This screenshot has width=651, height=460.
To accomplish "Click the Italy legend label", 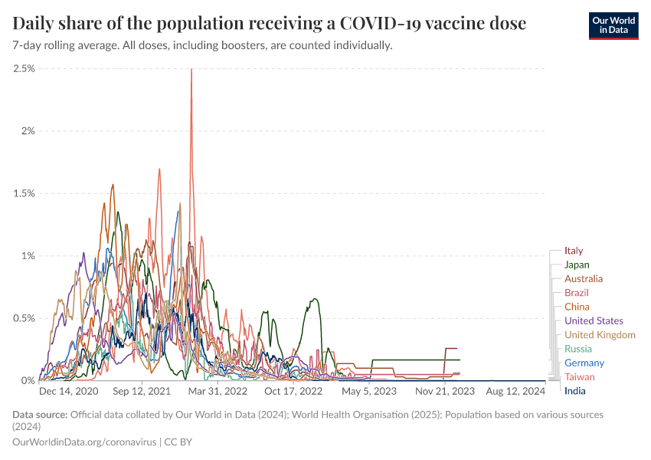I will click(574, 251).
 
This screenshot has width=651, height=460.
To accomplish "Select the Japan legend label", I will click(577, 264).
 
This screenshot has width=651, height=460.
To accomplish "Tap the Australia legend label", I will click(583, 279).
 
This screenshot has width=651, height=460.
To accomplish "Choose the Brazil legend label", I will click(576, 293).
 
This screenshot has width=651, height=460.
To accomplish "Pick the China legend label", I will click(577, 307).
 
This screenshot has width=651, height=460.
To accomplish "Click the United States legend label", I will click(594, 320).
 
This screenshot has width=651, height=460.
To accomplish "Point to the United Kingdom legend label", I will click(600, 335).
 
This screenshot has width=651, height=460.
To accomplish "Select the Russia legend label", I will click(577, 349).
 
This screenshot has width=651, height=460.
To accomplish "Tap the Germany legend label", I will click(584, 363).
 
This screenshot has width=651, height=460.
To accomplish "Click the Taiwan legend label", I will click(579, 377).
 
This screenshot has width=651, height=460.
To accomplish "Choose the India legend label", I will click(574, 391).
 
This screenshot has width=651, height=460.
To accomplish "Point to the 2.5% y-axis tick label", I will click(24, 68).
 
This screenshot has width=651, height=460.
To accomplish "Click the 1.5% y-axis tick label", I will click(24, 193).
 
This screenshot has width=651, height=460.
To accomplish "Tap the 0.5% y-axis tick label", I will click(24, 318).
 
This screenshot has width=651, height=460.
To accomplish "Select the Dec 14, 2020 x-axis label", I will click(68, 391).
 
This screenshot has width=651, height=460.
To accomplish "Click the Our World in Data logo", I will click(613, 25).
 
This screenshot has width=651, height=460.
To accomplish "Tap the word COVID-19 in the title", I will click(369, 24).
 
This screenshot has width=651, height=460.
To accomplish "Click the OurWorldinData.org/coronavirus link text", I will click(84, 442).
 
